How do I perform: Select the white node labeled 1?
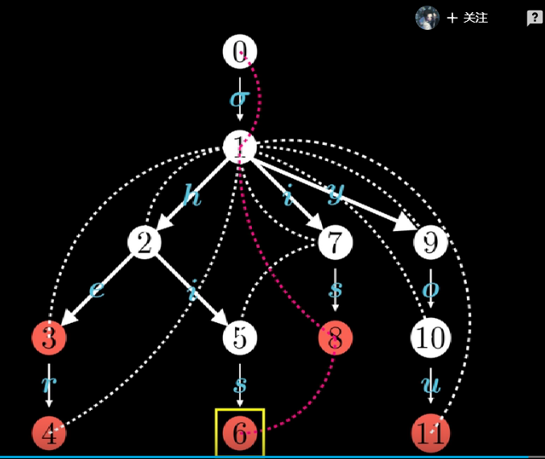pyautogui.click(x=239, y=147)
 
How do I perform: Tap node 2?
pyautogui.click(x=144, y=242)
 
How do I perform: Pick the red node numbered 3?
pyautogui.click(x=49, y=338)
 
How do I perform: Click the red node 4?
pyautogui.click(x=49, y=434)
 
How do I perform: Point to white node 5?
pyautogui.click(x=239, y=338)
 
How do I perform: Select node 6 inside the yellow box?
pyautogui.click(x=239, y=433)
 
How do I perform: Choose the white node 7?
pyautogui.click(x=335, y=242)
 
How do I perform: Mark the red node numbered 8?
pyautogui.click(x=335, y=338)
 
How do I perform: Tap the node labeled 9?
pyautogui.click(x=431, y=242)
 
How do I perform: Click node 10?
pyautogui.click(x=431, y=338)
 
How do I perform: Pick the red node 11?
pyautogui.click(x=431, y=434)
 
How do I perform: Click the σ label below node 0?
pyautogui.click(x=239, y=99)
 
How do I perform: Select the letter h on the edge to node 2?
pyautogui.click(x=192, y=196)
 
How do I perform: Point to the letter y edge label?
pyautogui.click(x=335, y=192)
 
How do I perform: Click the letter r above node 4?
pyautogui.click(x=49, y=386)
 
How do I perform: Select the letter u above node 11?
pyautogui.click(x=431, y=386)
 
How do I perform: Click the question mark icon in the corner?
pyautogui.click(x=534, y=18)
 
